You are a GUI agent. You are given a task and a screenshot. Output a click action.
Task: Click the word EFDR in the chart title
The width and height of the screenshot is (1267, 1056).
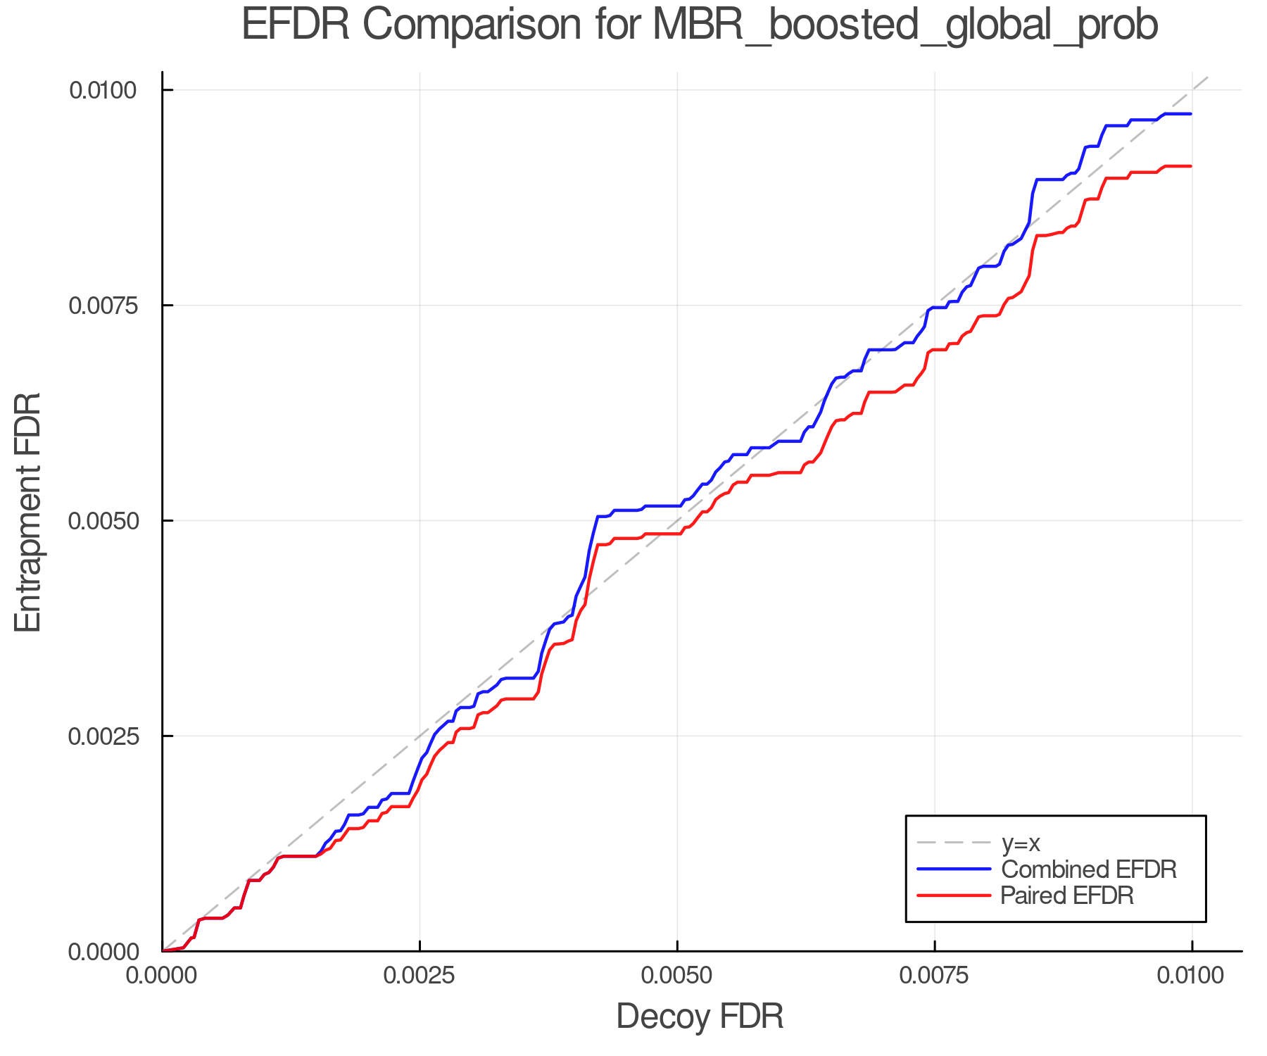point(295,25)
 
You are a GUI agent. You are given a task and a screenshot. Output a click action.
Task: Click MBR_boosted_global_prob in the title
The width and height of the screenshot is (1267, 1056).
point(904,27)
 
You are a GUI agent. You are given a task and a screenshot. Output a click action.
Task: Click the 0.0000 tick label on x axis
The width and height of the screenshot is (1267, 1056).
point(163,975)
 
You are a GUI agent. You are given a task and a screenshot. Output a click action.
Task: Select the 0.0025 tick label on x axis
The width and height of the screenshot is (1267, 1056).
point(420,975)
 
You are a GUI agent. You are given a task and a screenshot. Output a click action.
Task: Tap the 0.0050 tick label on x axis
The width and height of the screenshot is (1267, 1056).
point(677,975)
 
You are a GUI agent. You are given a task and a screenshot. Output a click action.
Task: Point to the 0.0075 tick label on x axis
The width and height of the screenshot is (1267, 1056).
point(935,975)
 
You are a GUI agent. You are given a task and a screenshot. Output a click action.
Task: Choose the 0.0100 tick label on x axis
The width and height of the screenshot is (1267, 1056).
point(1192,975)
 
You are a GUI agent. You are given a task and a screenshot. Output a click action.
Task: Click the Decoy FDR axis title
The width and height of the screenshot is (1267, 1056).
point(700,1017)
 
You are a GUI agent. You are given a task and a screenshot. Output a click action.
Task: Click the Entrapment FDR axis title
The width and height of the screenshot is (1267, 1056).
point(29,512)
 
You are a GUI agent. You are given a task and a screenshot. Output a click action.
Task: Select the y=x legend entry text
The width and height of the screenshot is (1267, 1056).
point(1020,843)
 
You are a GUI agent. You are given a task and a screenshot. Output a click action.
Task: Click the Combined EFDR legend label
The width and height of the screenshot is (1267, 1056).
point(1088,869)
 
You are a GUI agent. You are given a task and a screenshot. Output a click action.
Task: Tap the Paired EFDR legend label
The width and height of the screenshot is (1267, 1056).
point(1067,895)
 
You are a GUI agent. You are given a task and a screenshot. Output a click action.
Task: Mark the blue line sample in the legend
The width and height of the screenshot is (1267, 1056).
point(954,869)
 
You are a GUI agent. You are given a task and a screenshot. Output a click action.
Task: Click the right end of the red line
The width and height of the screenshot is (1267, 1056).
point(1191,166)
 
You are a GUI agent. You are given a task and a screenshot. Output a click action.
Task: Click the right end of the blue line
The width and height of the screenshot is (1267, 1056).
point(1191,114)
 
